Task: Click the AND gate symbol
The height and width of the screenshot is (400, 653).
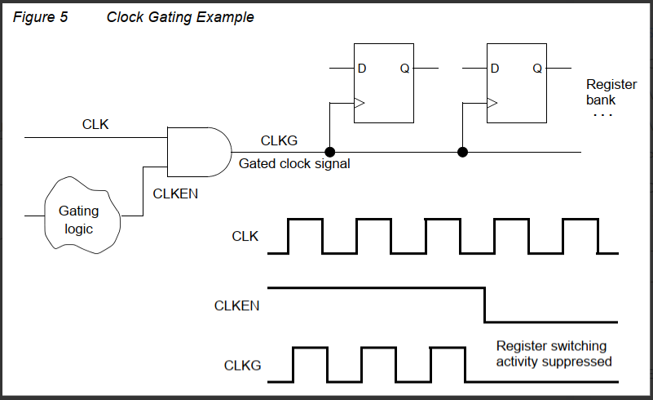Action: [x=198, y=152]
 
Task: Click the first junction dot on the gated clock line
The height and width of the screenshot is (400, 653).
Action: [x=330, y=152]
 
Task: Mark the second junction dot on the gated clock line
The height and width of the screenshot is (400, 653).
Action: [x=462, y=152]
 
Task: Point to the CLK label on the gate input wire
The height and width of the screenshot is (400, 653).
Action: [x=95, y=125]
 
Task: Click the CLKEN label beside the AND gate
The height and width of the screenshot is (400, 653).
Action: [x=175, y=194]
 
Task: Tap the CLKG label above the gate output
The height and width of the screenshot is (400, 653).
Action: [x=279, y=140]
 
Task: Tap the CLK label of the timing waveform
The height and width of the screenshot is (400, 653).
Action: [x=245, y=237]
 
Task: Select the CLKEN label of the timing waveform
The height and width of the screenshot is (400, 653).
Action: [x=236, y=306]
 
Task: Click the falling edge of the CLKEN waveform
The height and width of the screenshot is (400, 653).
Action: [x=485, y=304]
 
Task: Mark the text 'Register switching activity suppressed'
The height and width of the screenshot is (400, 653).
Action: [x=554, y=353]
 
